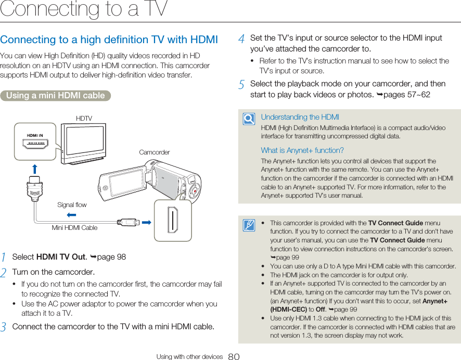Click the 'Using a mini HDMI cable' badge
[55, 96]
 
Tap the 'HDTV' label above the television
[84, 119]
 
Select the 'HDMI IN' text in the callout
[35, 135]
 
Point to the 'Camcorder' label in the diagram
[155, 152]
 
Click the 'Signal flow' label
[72, 205]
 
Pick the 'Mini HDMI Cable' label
[74, 228]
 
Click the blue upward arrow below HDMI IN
[35, 169]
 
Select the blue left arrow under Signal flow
[72, 214]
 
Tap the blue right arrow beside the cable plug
[147, 222]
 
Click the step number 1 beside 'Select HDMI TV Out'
[4, 258]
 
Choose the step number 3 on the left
[4, 327]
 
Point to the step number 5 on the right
[242, 84]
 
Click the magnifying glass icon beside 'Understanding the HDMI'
[249, 120]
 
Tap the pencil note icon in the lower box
[249, 225]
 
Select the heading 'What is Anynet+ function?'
[302, 150]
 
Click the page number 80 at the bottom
[234, 357]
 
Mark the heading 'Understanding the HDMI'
[300, 117]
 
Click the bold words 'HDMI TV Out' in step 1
[61, 257]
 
